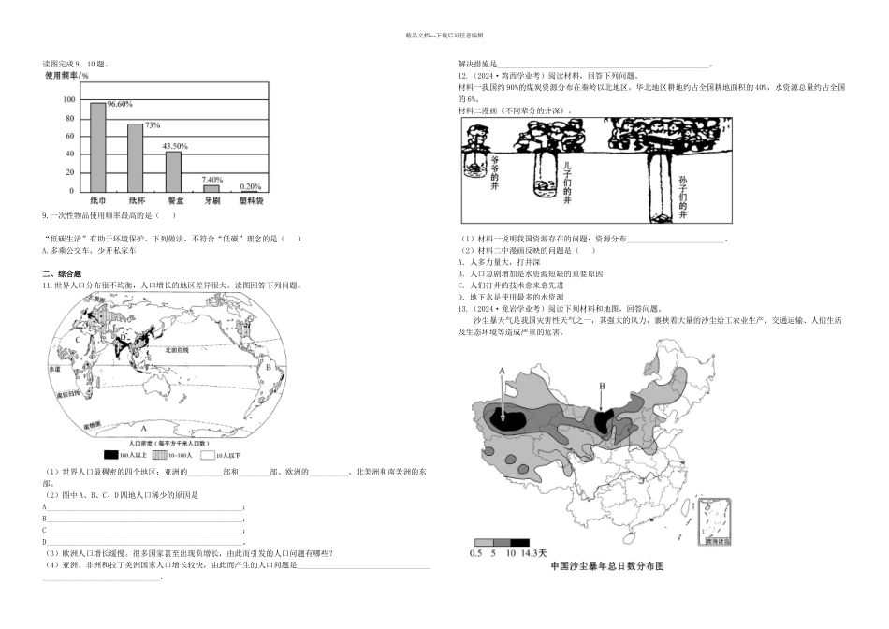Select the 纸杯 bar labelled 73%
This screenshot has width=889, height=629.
(136, 158)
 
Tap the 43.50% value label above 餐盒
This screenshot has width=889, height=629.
(175, 146)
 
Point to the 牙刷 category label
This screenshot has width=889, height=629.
(212, 201)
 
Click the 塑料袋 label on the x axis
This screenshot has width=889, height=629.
(250, 201)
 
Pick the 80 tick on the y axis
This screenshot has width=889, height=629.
(70, 118)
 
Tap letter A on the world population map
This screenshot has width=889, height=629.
(143, 427)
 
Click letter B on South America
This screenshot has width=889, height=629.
(268, 367)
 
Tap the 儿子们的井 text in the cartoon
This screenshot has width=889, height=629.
(566, 180)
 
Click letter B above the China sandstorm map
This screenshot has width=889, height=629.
(602, 385)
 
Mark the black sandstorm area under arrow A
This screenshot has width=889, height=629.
(513, 418)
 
